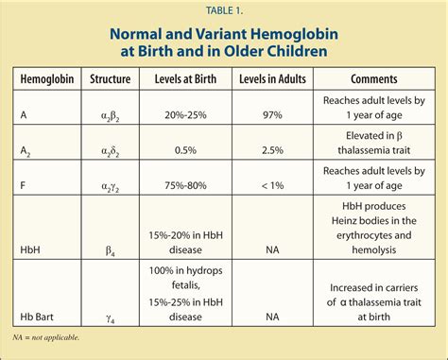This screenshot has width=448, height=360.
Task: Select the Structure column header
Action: tap(109, 79)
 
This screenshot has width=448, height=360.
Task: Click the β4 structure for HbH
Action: tap(109, 249)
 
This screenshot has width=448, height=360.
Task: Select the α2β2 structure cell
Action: tap(109, 115)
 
